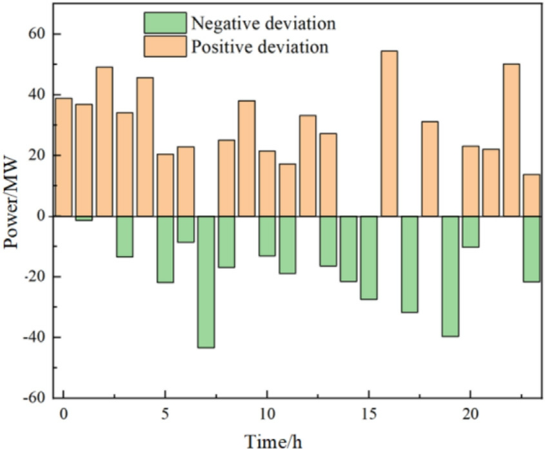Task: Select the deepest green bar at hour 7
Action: [206, 282]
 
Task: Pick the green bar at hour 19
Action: [450, 276]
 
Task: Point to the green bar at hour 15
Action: [369, 257]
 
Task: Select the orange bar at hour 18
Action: [430, 168]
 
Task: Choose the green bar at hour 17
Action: [410, 264]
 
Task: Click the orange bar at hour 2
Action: [104, 141]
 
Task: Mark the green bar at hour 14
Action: [348, 248]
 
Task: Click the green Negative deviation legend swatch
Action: [164, 24]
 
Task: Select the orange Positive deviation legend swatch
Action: [164, 46]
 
